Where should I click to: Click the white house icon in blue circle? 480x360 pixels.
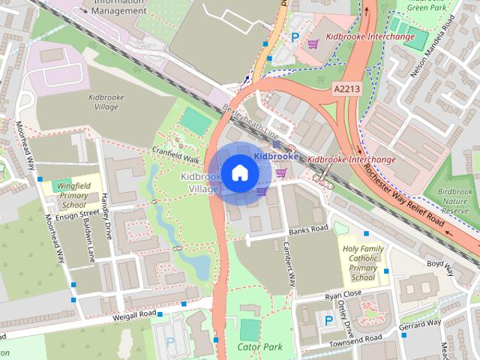click(x=239, y=172)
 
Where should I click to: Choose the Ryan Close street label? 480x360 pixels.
click(x=343, y=294)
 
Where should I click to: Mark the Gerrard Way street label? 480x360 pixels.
click(x=420, y=323)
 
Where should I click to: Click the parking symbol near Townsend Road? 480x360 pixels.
click(x=328, y=320)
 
